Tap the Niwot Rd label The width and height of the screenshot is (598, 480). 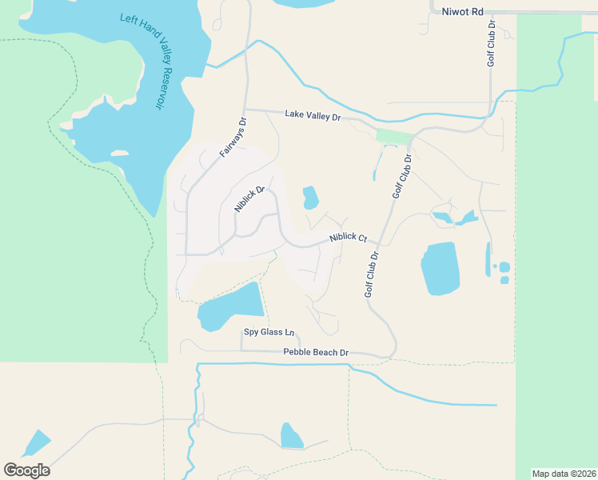tap(463, 12)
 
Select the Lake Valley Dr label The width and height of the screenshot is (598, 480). tap(313, 116)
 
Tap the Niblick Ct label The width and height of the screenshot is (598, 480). tap(348, 238)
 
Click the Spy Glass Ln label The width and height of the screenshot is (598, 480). tap(269, 332)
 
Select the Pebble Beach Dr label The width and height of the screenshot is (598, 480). tap(317, 352)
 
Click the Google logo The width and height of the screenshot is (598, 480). tap(26, 470)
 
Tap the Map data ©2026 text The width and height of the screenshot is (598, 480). tap(564, 473)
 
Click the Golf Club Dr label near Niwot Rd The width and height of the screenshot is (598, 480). tap(492, 44)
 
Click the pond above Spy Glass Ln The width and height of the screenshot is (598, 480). tap(231, 307)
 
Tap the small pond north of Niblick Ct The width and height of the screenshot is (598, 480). tap(310, 198)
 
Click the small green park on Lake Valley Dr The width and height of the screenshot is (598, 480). tap(392, 136)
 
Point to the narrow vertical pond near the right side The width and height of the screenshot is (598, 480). tap(488, 259)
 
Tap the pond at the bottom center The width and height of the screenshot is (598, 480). tap(291, 436)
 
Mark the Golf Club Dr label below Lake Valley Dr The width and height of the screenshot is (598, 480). tap(401, 176)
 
